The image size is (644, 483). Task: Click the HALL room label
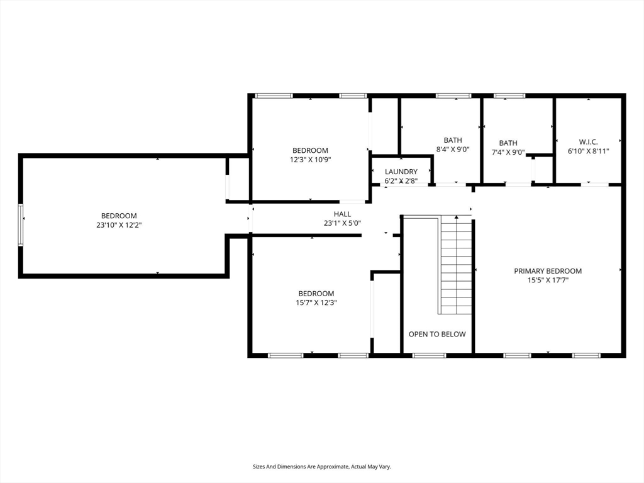pyautogui.click(x=342, y=214)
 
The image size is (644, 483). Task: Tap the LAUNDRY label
pyautogui.click(x=401, y=172)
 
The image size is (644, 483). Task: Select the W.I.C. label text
pyautogui.click(x=588, y=142)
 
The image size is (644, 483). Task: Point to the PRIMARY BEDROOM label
pyautogui.click(x=548, y=271)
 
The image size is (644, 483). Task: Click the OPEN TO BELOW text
pyautogui.click(x=437, y=335)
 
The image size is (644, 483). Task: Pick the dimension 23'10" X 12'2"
pyautogui.click(x=119, y=225)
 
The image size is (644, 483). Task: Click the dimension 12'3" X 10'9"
pyautogui.click(x=310, y=160)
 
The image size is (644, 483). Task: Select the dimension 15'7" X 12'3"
pyautogui.click(x=316, y=303)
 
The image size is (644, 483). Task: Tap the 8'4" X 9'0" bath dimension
pyautogui.click(x=453, y=150)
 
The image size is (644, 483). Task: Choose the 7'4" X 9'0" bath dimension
pyautogui.click(x=508, y=152)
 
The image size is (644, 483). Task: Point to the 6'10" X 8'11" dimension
pyautogui.click(x=588, y=151)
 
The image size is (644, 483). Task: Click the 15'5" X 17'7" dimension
pyautogui.click(x=548, y=280)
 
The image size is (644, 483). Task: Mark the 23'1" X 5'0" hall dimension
pyautogui.click(x=342, y=223)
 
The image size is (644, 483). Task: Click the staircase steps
pyautogui.click(x=456, y=265)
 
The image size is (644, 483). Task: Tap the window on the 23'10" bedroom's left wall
pyautogui.click(x=21, y=225)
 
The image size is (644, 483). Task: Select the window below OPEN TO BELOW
pyautogui.click(x=429, y=355)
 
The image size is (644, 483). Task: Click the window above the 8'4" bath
pyautogui.click(x=453, y=96)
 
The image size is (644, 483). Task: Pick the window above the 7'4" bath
pyautogui.click(x=509, y=96)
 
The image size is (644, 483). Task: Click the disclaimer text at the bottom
pyautogui.click(x=321, y=467)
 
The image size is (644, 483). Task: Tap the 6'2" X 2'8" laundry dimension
pyautogui.click(x=401, y=180)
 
